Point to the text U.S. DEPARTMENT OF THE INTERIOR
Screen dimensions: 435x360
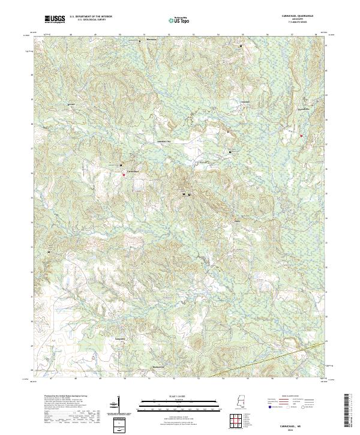[91, 17]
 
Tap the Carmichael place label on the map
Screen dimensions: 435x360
[133, 171]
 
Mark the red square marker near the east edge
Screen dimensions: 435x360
[301, 136]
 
